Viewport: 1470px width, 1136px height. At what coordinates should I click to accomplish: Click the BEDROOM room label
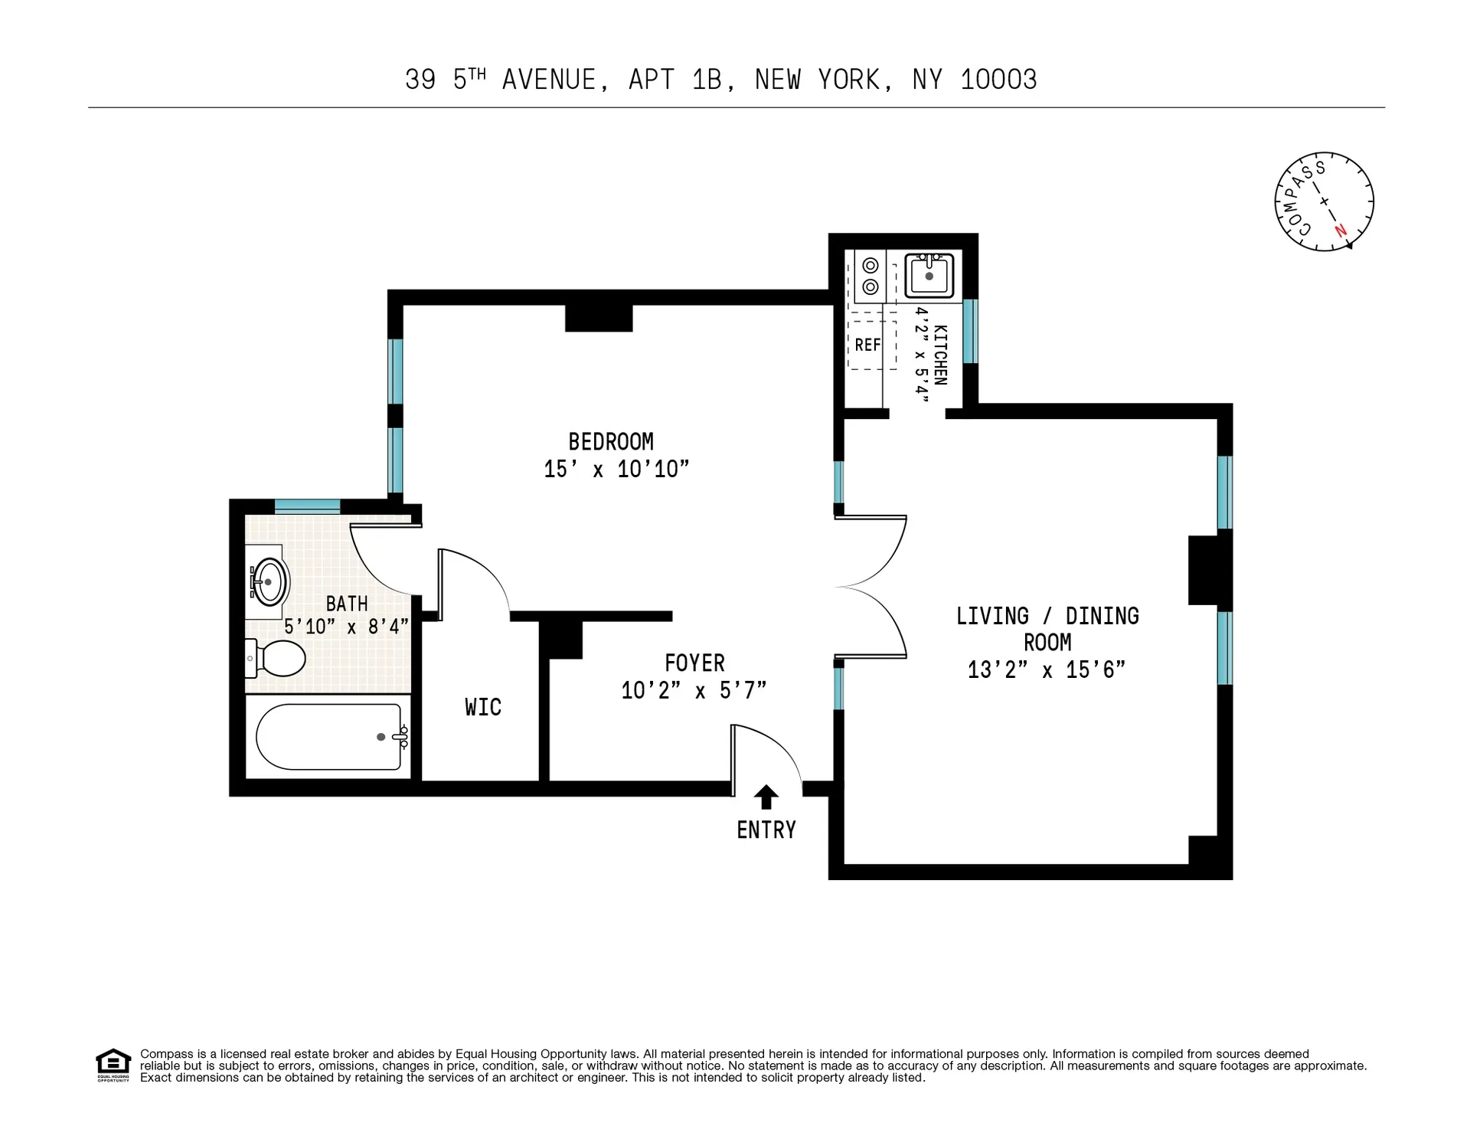point(610,442)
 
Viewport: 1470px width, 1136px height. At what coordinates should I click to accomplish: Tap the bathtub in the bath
point(328,737)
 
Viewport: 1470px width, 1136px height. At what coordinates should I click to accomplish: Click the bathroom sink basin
point(270,582)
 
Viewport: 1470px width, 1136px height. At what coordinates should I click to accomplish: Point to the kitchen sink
point(929,276)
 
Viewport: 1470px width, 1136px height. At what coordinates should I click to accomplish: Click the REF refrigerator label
point(867,345)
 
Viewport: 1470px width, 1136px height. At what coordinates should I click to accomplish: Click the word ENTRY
point(766,830)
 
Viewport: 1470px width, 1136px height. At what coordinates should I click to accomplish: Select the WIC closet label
point(483,707)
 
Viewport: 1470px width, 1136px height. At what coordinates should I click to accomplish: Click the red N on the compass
point(1340,230)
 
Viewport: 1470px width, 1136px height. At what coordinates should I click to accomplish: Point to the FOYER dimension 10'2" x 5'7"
point(694,691)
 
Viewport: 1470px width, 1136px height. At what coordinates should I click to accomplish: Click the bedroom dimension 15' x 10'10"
point(616,470)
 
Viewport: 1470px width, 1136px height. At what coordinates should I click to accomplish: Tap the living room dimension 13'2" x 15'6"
point(1047,670)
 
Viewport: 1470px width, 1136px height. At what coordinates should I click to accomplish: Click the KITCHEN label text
point(941,355)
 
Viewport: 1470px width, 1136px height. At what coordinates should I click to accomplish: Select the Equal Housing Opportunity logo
point(113,1065)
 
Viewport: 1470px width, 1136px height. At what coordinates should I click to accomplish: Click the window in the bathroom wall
point(307,506)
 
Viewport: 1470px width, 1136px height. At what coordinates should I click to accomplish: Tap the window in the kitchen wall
point(970,331)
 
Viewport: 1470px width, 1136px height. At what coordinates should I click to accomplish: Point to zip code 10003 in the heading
point(998,80)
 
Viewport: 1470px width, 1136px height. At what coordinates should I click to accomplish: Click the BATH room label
point(347,604)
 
